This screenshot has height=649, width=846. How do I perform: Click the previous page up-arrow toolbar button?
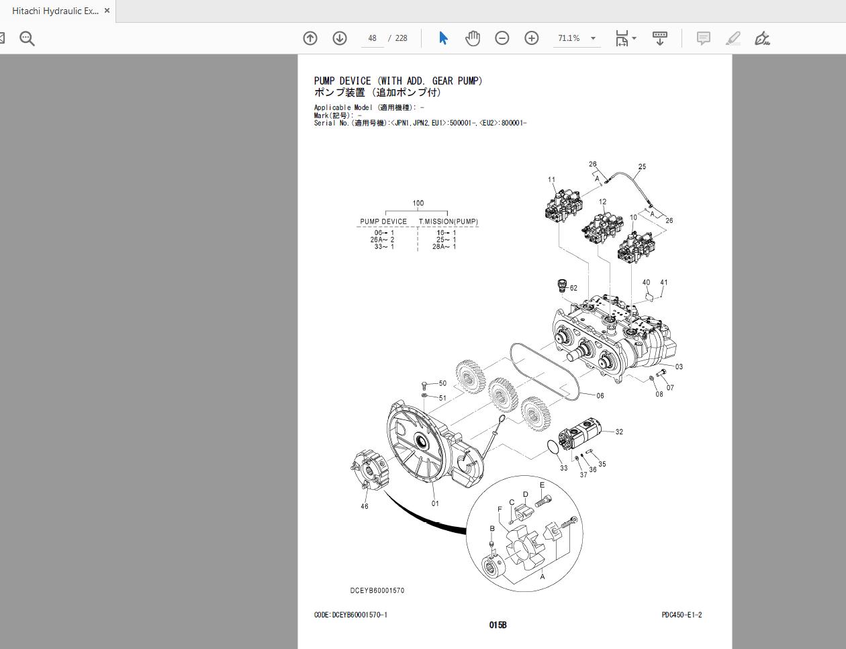pyautogui.click(x=310, y=38)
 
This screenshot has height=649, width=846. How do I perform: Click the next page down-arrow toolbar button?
pyautogui.click(x=340, y=38)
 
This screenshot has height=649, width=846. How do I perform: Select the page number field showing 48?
pyautogui.click(x=373, y=38)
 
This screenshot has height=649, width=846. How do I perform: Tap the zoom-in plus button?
pyautogui.click(x=532, y=38)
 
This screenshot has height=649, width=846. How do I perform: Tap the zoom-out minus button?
pyautogui.click(x=502, y=38)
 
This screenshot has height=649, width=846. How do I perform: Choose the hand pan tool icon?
pyautogui.click(x=473, y=38)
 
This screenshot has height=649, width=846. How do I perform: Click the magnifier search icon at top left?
pyautogui.click(x=27, y=38)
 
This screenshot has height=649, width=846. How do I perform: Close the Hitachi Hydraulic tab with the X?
pyautogui.click(x=107, y=11)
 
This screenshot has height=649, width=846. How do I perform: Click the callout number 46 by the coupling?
pyautogui.click(x=364, y=507)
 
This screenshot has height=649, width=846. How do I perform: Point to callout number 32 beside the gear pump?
pyautogui.click(x=619, y=432)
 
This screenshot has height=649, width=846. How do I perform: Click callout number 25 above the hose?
pyautogui.click(x=642, y=167)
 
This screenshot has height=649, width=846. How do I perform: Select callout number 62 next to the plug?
pyautogui.click(x=573, y=289)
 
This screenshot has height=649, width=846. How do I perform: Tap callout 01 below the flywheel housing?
pyautogui.click(x=435, y=503)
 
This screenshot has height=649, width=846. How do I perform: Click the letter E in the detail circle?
pyautogui.click(x=542, y=485)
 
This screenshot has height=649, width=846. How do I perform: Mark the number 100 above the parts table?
pyautogui.click(x=418, y=203)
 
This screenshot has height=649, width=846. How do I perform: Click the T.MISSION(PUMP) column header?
pyautogui.click(x=449, y=221)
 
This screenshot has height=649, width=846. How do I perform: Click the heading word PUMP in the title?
pyautogui.click(x=325, y=81)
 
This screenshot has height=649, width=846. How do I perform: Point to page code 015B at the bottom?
pyautogui.click(x=498, y=626)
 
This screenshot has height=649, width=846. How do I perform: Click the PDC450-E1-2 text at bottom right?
pyautogui.click(x=681, y=615)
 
